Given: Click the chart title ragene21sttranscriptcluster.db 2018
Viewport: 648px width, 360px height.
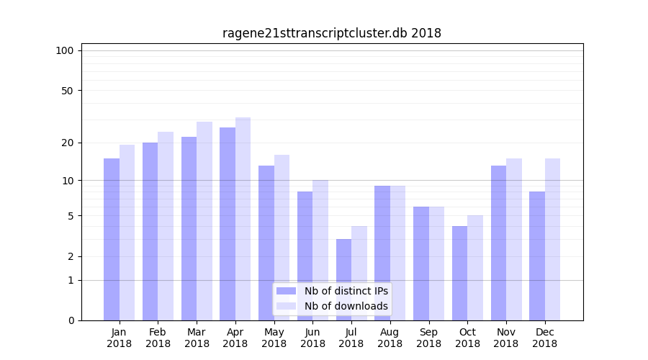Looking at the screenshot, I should tap(331, 33).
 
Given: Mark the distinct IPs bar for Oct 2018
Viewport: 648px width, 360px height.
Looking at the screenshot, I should tap(459, 273).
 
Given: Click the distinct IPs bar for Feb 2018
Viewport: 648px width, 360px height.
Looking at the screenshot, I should tap(150, 231).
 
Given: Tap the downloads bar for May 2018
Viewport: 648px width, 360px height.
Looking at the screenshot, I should tap(282, 238).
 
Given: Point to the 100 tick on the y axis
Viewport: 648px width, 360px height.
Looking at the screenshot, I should tap(65, 50).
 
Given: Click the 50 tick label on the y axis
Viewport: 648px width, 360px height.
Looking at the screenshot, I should tap(67, 91).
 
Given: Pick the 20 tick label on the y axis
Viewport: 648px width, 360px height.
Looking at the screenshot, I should tap(67, 143).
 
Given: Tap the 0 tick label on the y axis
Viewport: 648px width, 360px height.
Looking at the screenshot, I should tap(71, 320).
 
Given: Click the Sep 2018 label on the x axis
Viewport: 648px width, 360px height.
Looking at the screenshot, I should tap(428, 338).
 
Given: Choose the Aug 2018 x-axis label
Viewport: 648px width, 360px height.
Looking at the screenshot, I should tap(390, 338).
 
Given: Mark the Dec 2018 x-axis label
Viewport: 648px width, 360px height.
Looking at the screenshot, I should tap(544, 338).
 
